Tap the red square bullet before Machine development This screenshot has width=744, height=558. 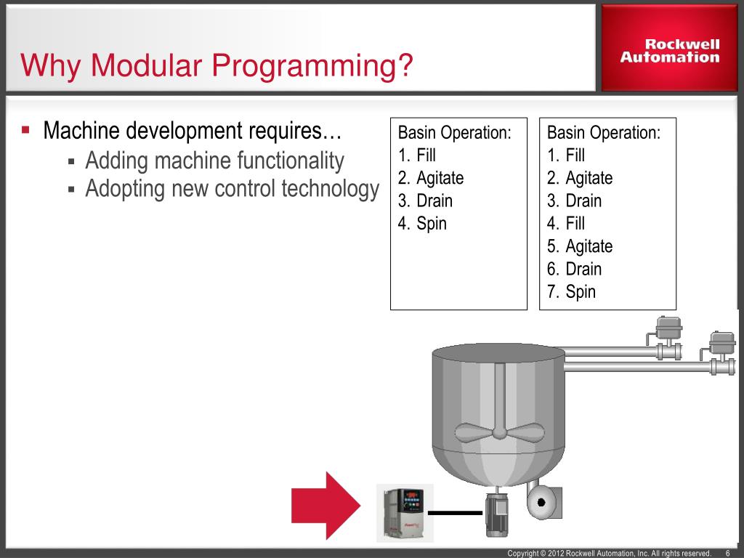pos(25,131)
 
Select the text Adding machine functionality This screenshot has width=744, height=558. pos(214,161)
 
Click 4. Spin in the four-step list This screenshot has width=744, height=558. pos(422,224)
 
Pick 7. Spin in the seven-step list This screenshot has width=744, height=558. pos(571,292)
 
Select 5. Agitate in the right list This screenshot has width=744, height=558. pos(580,246)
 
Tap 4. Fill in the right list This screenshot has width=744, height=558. pos(566,224)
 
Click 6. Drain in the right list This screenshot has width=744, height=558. pos(574,270)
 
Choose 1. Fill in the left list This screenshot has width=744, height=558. pos(417,155)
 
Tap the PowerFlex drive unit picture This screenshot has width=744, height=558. pos(404,512)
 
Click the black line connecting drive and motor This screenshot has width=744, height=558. pos(455,513)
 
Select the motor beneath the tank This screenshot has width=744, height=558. pos(498,513)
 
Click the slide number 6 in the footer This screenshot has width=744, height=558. pos(728,554)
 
